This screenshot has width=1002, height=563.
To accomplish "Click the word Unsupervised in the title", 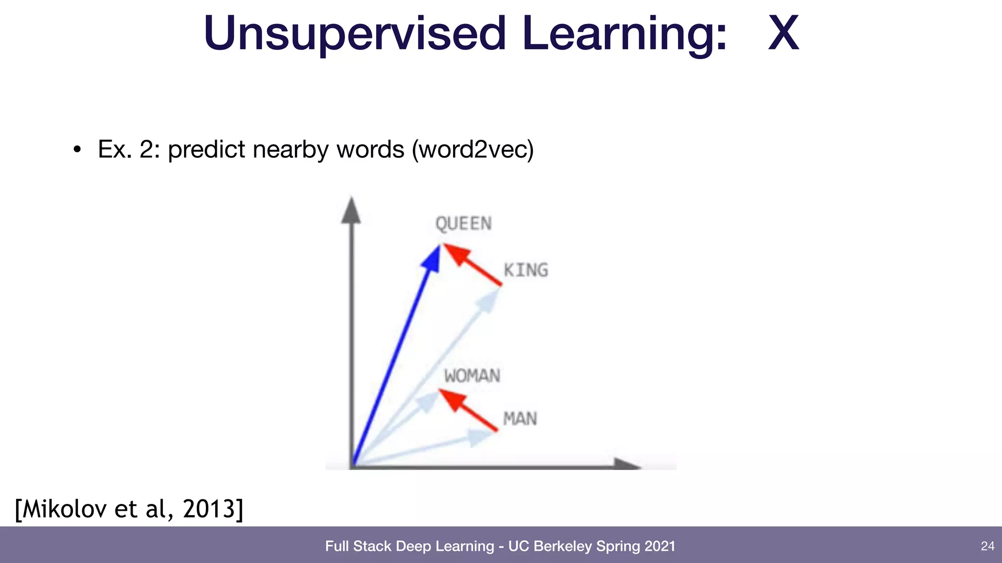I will tap(354, 33).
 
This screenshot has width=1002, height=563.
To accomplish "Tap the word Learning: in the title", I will tap(624, 33).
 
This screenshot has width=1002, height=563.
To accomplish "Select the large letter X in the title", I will tap(783, 33).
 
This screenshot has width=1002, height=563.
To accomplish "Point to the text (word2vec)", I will tap(473, 149).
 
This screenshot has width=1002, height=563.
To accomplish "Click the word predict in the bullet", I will tap(206, 149).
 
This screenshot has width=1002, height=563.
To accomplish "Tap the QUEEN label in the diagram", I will tap(463, 224).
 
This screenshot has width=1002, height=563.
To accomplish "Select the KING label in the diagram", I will tap(526, 270).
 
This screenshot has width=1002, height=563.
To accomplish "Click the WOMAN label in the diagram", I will tap(472, 376).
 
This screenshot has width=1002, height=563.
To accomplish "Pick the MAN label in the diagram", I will tap(520, 419).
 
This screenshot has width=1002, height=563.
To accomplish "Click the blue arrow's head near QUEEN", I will tap(432, 258).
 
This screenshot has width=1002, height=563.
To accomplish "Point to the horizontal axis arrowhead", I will tap(626, 464).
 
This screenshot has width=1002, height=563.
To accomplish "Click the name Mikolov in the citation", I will tap(64, 509).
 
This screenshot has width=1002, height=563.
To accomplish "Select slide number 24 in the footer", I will tap(987, 546).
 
